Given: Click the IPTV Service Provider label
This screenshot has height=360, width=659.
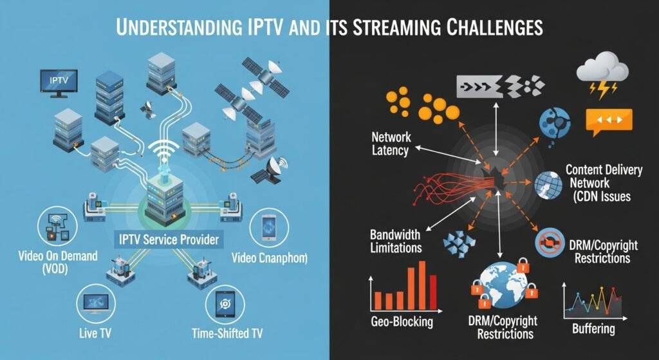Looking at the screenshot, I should click(x=169, y=240).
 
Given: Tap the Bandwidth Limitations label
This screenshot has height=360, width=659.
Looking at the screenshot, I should click(x=396, y=240).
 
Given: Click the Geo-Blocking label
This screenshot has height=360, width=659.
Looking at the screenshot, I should click(x=402, y=321).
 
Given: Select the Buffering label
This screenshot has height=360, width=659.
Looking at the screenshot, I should click(x=593, y=329).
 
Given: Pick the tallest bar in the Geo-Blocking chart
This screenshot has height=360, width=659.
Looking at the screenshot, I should click(x=423, y=284).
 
